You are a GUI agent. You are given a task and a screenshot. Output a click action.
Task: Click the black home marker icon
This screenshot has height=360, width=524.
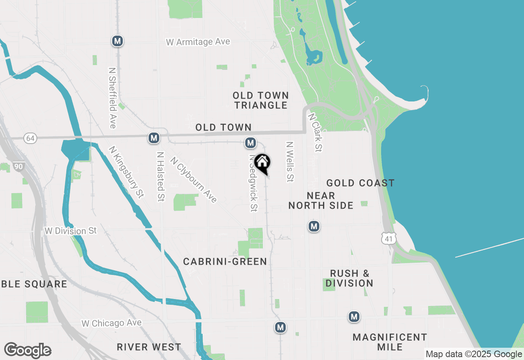[262, 163]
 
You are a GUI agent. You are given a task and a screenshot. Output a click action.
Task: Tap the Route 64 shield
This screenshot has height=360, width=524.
[30, 138]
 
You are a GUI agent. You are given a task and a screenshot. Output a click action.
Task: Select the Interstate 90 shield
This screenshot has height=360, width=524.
[18, 166]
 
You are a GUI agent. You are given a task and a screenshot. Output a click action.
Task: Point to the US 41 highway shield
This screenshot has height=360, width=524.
[388, 238]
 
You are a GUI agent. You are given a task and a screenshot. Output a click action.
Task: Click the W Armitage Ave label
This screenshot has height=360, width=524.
[198, 42]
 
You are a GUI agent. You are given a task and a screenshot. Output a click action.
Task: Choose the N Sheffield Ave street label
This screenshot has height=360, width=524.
[112, 98]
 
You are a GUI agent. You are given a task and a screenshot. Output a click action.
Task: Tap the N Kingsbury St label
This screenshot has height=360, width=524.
[126, 172]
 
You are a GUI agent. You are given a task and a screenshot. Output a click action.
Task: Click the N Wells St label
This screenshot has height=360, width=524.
[290, 162]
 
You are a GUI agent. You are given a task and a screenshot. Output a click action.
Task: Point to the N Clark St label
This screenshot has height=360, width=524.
[315, 133]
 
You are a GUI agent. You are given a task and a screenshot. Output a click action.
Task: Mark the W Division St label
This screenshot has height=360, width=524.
[70, 231]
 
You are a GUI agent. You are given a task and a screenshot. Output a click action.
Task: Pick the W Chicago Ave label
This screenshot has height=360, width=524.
[111, 323]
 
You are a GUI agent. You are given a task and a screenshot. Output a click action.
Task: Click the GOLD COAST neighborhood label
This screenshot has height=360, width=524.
[360, 183]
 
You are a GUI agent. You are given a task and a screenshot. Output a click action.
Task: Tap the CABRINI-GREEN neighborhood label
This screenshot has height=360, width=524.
[225, 261]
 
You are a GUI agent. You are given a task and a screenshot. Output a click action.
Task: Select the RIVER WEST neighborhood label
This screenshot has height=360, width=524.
[149, 347]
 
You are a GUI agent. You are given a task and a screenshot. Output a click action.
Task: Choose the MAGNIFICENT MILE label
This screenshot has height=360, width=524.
[390, 342]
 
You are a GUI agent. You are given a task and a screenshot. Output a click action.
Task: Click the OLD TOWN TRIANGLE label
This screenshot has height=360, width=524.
[261, 100]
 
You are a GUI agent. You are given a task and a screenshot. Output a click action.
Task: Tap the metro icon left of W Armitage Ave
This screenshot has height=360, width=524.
[117, 41]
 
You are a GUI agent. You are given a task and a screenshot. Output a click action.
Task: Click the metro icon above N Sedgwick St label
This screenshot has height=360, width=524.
[251, 143]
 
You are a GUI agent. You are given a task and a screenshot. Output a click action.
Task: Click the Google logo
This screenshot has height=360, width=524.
[27, 351]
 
